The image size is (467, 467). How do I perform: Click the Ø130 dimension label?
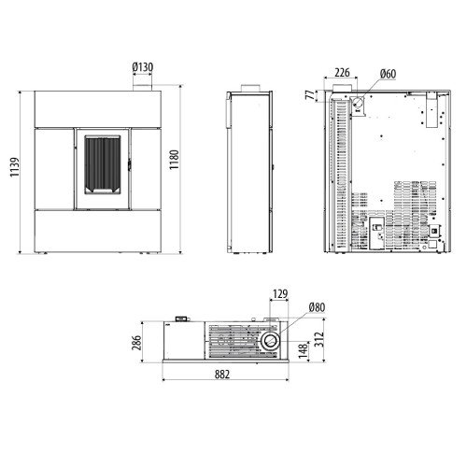[x=143, y=67]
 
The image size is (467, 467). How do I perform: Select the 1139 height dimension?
[x=15, y=167]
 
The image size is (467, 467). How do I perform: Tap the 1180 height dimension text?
[x=174, y=160]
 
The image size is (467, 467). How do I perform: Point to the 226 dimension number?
[x=342, y=73]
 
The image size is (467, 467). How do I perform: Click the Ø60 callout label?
[x=388, y=74]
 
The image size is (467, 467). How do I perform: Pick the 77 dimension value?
[x=310, y=95]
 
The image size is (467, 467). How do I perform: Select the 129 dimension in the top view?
[x=280, y=293]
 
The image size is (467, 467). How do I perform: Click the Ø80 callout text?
[x=317, y=307]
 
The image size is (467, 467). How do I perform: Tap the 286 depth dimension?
[x=136, y=343]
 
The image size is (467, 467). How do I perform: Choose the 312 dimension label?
[x=319, y=339]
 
